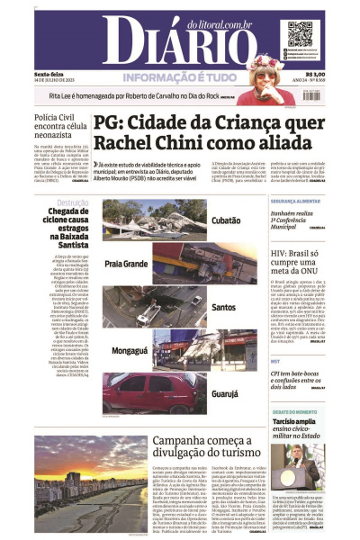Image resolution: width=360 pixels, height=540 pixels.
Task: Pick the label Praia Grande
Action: [x=126, y=265]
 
